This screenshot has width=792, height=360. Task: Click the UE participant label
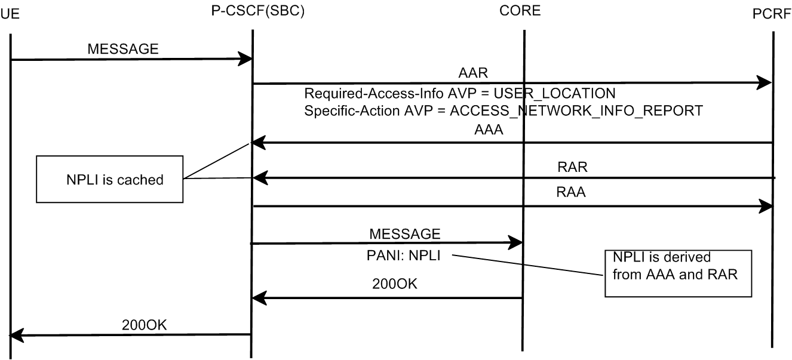pos(10,14)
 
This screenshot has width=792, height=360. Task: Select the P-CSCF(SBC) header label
pos(258,12)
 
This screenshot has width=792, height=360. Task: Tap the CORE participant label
pos(520,12)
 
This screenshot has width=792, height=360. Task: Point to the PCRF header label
pos(772,14)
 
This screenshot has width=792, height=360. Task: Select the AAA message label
pos(488,131)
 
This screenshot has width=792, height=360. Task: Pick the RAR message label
pos(572,167)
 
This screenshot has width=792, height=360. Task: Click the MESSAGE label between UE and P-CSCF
pos(123,49)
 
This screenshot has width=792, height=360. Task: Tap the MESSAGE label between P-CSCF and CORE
pos(405,232)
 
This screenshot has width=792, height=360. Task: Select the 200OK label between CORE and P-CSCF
pos(395,284)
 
